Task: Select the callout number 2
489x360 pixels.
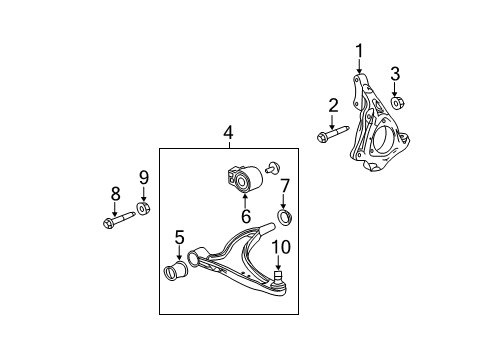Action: click(x=333, y=104)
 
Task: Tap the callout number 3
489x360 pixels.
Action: click(x=395, y=73)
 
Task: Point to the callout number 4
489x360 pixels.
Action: click(x=228, y=131)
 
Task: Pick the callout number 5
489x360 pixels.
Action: click(x=179, y=238)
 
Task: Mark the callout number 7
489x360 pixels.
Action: click(x=285, y=184)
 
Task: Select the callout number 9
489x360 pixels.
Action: click(x=143, y=177)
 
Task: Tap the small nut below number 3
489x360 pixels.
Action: click(x=397, y=102)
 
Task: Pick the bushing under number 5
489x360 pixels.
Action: click(x=176, y=273)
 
